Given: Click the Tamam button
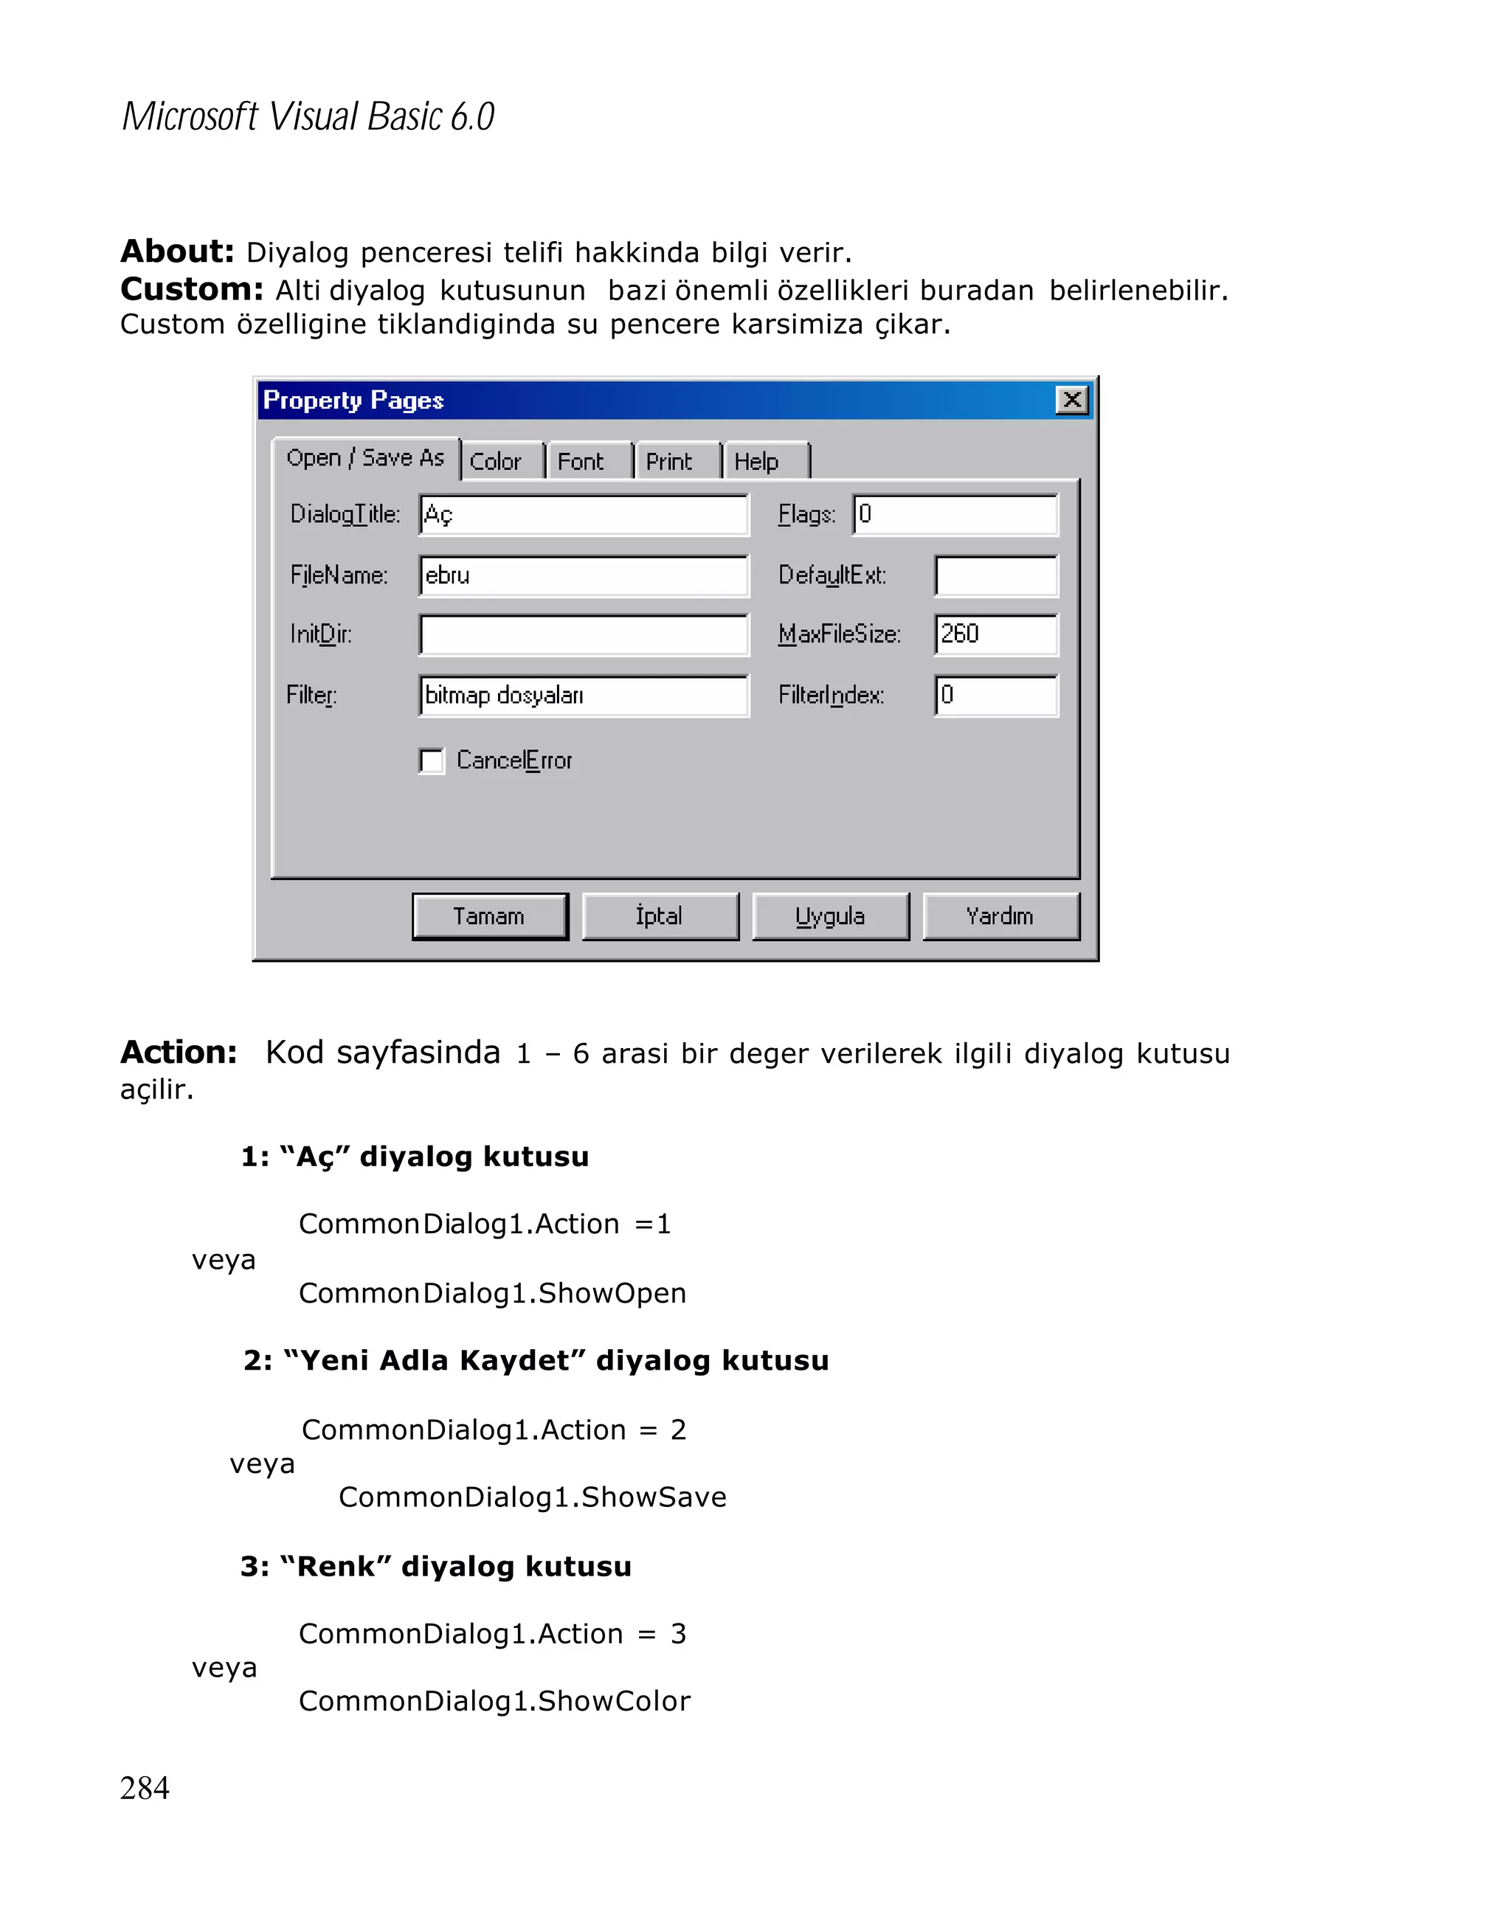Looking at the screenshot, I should pyautogui.click(x=489, y=916).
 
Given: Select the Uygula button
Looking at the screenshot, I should pyautogui.click(x=829, y=916).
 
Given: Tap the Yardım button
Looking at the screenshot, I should pyautogui.click(x=1000, y=916).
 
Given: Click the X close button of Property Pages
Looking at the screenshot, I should pyautogui.click(x=1071, y=401).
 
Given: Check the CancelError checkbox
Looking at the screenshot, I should pyautogui.click(x=432, y=761).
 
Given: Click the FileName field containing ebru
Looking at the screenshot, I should pyautogui.click(x=584, y=575).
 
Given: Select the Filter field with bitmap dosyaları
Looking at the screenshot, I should pyautogui.click(x=584, y=696).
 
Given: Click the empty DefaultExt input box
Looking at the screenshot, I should pyautogui.click(x=995, y=575).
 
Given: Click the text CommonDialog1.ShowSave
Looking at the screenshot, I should pyautogui.click(x=532, y=1497).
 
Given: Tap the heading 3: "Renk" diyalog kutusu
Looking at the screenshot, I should pyautogui.click(x=436, y=1567).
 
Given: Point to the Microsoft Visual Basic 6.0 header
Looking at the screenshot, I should pyautogui.click(x=308, y=117).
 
